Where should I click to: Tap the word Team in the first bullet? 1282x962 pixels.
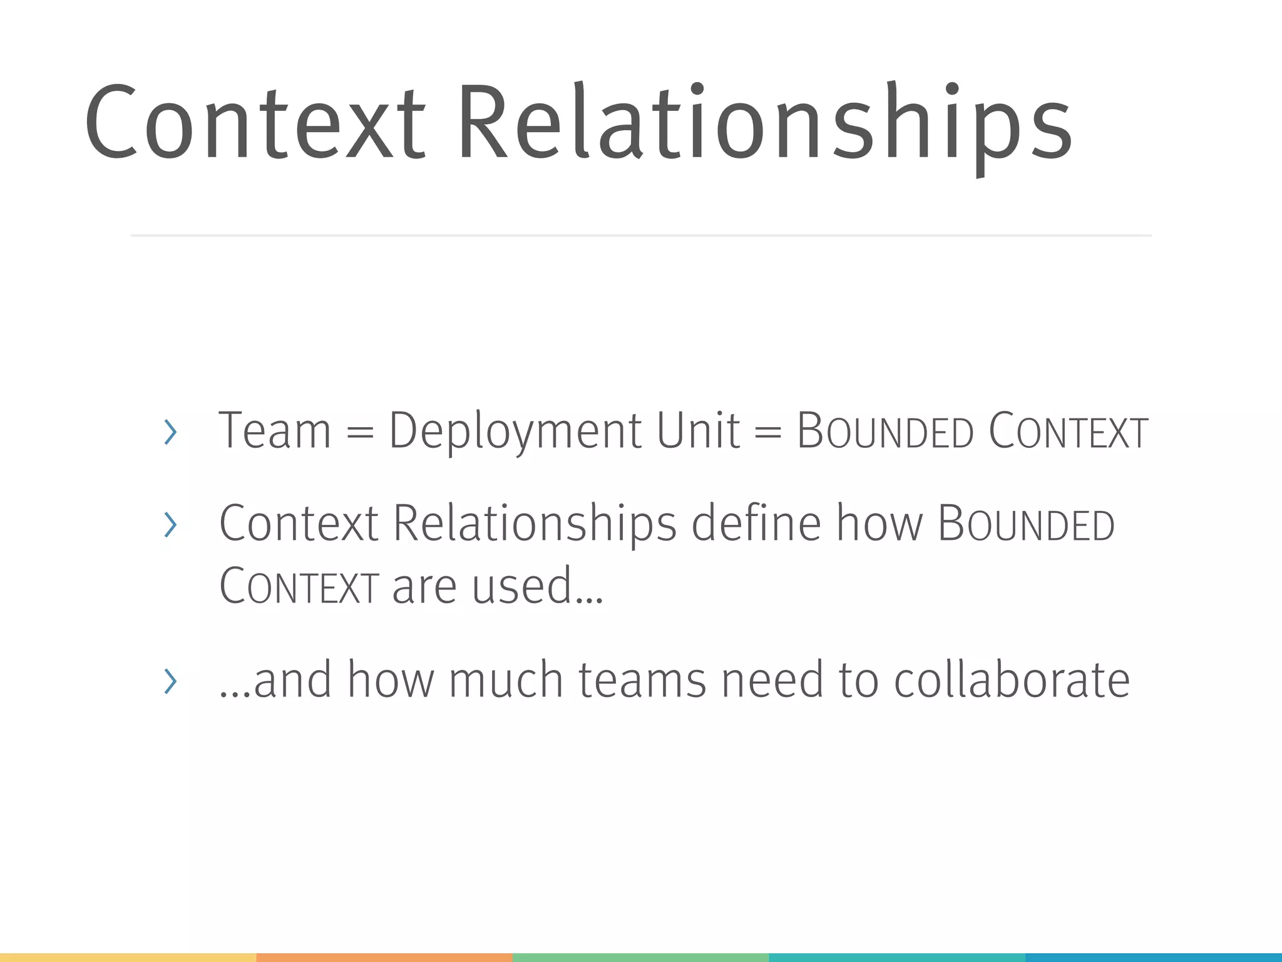tap(274, 431)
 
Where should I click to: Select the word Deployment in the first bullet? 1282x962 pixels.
tap(515, 431)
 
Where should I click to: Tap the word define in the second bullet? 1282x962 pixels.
tap(756, 524)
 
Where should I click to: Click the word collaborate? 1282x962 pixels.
tap(1012, 680)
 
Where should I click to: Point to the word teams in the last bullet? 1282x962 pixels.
tap(642, 680)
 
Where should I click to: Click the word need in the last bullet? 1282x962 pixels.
tap(772, 680)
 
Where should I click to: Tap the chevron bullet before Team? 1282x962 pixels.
tap(170, 432)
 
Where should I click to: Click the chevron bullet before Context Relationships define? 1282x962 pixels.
tap(170, 525)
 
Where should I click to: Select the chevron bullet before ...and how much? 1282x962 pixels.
tap(170, 681)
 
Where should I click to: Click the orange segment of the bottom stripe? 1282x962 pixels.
tap(384, 958)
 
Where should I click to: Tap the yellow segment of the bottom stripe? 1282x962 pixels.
tap(128, 958)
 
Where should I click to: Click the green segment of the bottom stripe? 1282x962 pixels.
tap(641, 958)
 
